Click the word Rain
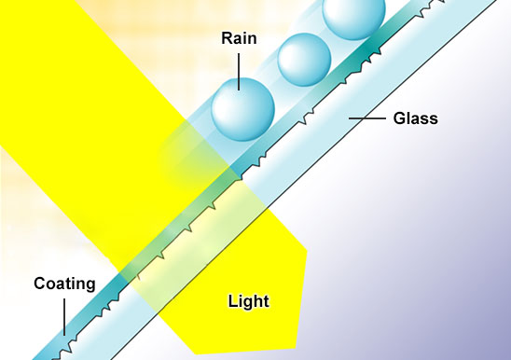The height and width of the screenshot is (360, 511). [x=239, y=38]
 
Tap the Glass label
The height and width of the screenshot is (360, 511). [x=416, y=118]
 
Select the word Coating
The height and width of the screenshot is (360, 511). [x=64, y=284]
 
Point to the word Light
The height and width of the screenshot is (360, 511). [x=249, y=301]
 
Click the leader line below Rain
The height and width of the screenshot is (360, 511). [x=239, y=72]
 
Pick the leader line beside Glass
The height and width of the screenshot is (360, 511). [x=367, y=118]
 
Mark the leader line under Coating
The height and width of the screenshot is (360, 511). [x=64, y=317]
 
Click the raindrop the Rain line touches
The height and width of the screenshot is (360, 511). [x=242, y=109]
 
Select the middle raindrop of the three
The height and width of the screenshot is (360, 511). [x=304, y=60]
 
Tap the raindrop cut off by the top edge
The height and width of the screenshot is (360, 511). [x=354, y=16]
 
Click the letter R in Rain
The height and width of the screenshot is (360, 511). [x=228, y=38]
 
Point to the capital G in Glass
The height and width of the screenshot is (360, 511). [x=399, y=118]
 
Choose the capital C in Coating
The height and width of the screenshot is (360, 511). [x=40, y=284]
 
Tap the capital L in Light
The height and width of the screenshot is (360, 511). [x=232, y=301]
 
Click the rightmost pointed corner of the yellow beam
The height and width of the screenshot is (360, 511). [x=308, y=250]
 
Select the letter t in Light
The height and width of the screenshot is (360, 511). [x=267, y=301]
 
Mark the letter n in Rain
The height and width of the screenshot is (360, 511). [x=252, y=40]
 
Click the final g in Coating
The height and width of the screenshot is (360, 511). [x=90, y=286]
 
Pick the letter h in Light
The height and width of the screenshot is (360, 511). [x=257, y=301]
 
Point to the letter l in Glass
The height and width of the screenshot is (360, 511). [x=408, y=118]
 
